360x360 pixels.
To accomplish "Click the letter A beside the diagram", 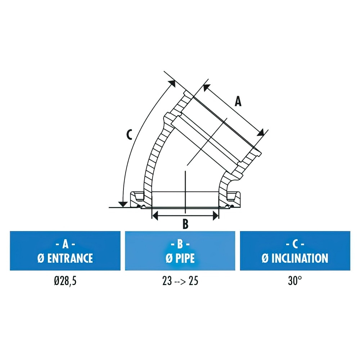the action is (x=238, y=102).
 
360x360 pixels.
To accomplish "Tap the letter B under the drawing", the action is (x=185, y=224).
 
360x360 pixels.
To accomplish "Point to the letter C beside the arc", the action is (x=130, y=135).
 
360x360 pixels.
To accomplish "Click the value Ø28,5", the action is (x=65, y=281).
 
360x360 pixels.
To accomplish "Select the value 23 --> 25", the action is (x=180, y=281).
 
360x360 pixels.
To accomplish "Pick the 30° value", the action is (x=295, y=280).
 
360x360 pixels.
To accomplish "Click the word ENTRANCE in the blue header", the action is (x=70, y=258).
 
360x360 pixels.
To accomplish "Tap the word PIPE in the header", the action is (x=185, y=258).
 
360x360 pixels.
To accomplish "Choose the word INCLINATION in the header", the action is (x=300, y=258).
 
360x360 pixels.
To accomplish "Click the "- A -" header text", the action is (x=66, y=244).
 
